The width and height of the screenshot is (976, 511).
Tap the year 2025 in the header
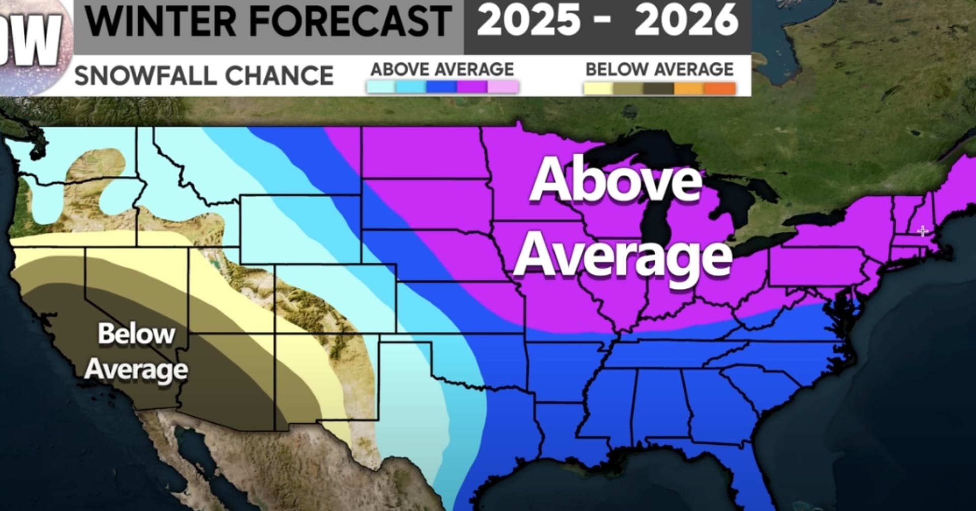[x=529, y=20]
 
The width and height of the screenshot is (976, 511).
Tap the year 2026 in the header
[x=686, y=20]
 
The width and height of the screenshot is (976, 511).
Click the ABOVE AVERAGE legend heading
[x=442, y=69]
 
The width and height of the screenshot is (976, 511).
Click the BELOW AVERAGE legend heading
[x=659, y=69]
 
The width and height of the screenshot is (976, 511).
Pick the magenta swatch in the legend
[x=472, y=87]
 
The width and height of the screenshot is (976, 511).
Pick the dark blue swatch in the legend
[x=442, y=87]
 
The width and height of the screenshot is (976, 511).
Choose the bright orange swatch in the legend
[x=720, y=88]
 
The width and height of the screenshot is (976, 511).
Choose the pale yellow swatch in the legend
[x=599, y=88]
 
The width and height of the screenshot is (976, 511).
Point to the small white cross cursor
[x=923, y=231]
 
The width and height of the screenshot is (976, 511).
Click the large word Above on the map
[x=615, y=181]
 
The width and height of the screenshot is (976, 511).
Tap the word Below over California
[x=136, y=334]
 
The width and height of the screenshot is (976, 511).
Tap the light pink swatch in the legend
[x=503, y=87]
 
